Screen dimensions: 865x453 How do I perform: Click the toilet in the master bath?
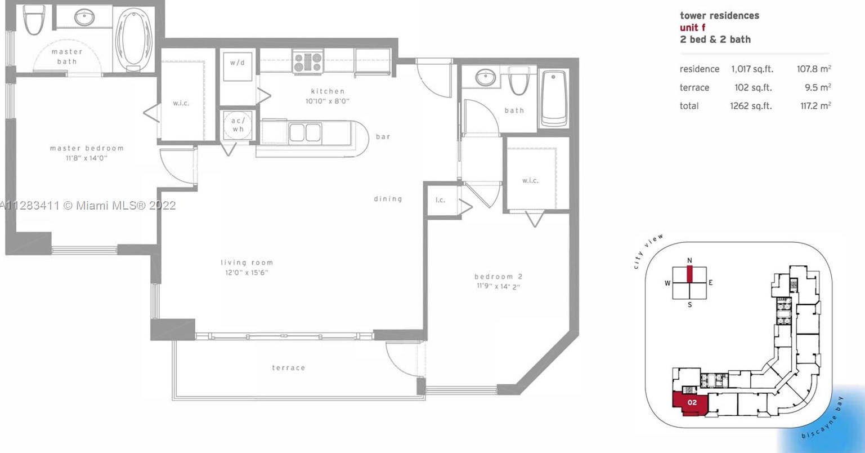coord(34,19)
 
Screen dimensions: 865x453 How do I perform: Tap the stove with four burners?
coord(308,62)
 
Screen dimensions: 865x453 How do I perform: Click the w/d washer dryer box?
coord(237,66)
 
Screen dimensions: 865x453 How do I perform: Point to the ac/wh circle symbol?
coord(238,125)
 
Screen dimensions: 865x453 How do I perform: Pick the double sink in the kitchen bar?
coord(305,132)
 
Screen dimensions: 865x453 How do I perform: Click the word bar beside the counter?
coord(383,136)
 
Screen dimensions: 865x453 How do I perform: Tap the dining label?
coord(388,199)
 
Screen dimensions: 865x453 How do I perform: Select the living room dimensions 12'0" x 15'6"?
coord(246,273)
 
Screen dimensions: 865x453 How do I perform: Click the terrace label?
coord(289,367)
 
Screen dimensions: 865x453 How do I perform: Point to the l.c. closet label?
coord(440,200)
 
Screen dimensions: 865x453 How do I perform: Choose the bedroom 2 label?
coord(499,276)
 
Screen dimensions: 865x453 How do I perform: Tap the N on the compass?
coord(689,260)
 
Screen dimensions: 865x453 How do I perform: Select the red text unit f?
coord(693,28)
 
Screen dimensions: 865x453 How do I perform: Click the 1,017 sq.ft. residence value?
coord(752,69)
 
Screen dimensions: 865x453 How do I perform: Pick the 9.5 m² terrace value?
coord(818,87)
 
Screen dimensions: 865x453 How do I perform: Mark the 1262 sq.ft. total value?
coord(751,106)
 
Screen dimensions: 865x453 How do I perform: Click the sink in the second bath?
coord(486,77)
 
